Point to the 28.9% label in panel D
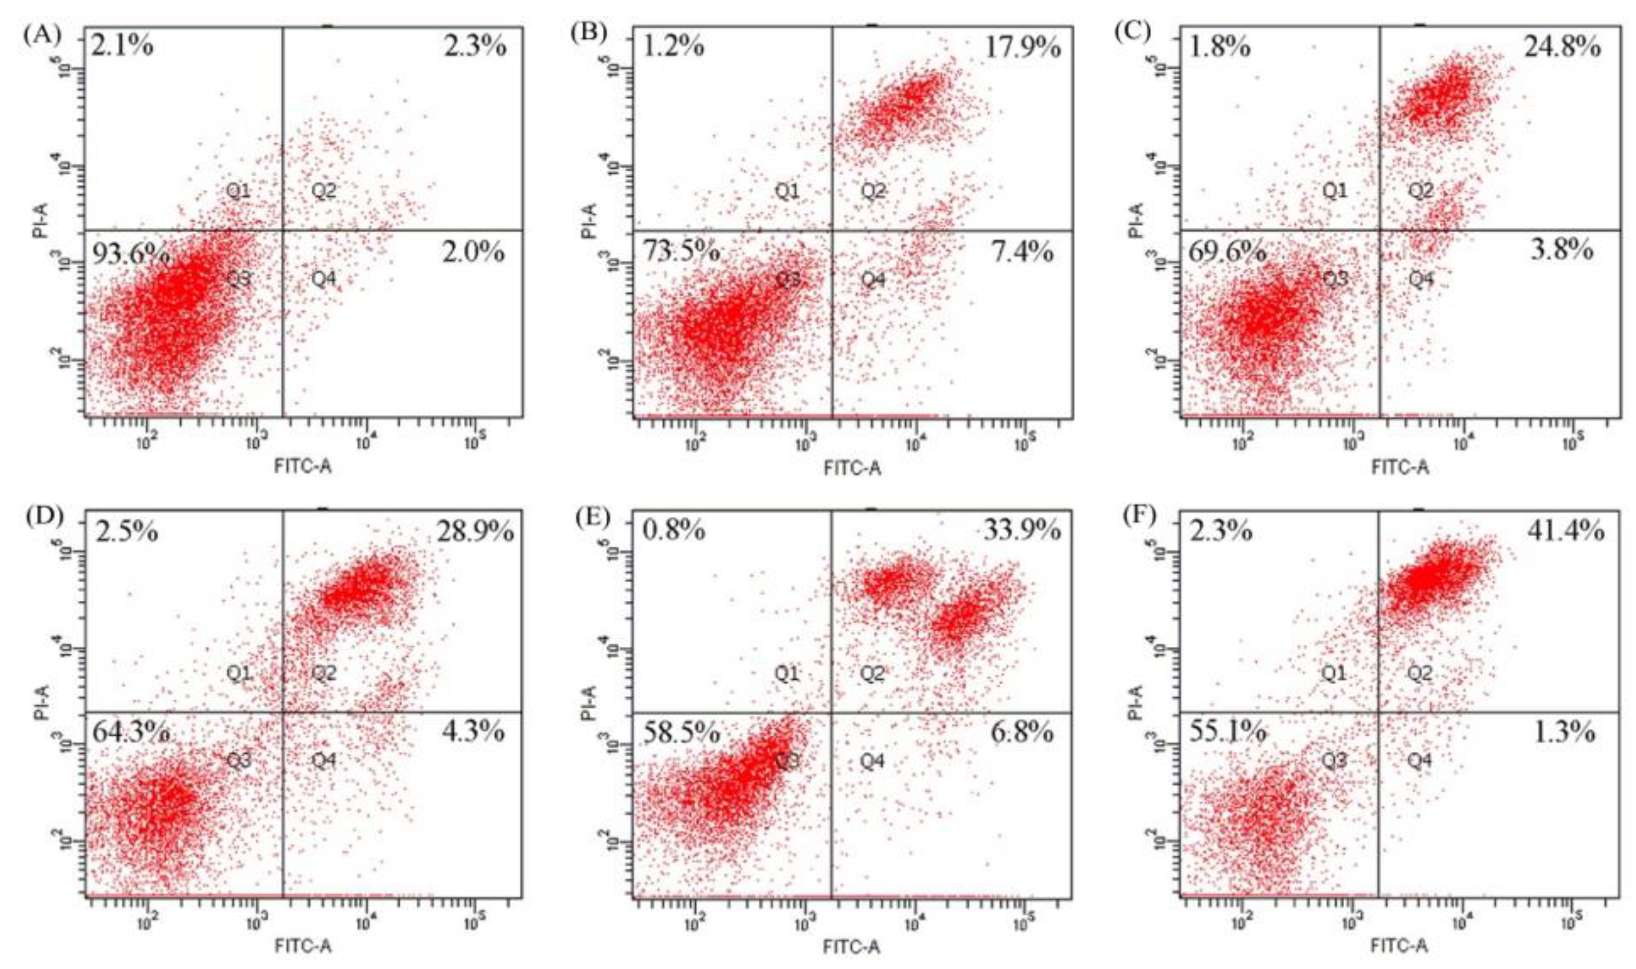475,531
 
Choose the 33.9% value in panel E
1022,531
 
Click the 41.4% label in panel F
1565,531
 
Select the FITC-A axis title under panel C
1399,467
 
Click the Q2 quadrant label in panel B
873,191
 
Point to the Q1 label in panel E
787,673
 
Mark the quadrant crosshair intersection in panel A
282,230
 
